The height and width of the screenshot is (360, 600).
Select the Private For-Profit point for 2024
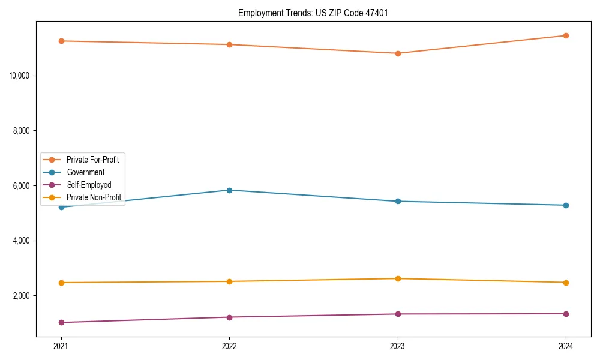566,35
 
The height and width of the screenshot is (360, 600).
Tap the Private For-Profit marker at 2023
397,53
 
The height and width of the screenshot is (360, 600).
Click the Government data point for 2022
229,190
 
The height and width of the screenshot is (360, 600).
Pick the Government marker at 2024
566,205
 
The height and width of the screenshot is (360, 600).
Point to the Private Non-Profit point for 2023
397,278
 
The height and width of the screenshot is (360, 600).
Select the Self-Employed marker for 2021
61,322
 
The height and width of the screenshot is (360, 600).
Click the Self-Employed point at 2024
566,314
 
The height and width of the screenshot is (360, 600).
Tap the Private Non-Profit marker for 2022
229,281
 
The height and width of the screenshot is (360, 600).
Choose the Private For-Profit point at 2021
61,41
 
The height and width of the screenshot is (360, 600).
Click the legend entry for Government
85,172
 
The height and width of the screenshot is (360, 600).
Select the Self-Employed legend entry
89,185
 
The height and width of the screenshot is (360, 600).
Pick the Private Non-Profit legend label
94,197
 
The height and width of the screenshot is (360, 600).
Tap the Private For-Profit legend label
93,160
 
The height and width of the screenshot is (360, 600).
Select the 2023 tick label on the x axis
397,346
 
